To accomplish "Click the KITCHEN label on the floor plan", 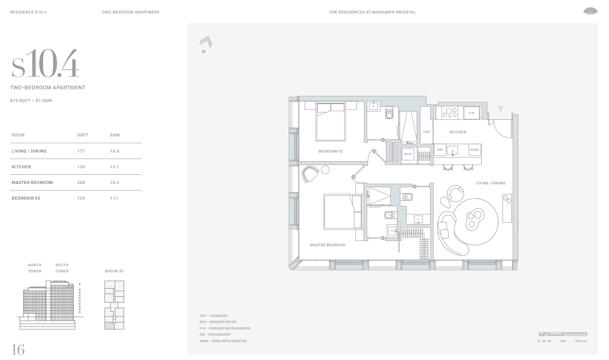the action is [x=457, y=132].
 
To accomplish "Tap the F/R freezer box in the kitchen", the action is [x=472, y=113].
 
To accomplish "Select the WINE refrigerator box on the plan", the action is [x=475, y=149].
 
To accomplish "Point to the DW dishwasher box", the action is [x=440, y=149].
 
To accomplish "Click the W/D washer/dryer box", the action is [x=408, y=154].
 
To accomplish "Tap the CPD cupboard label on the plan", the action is [x=426, y=132].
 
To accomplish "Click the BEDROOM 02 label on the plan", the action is [x=331, y=151].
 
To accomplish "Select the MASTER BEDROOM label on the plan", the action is [x=327, y=245].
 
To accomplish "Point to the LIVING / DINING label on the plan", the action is [x=491, y=183].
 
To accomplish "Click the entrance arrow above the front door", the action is [x=501, y=108].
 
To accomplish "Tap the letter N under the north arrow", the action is [x=203, y=52].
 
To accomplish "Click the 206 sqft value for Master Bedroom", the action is [x=81, y=183].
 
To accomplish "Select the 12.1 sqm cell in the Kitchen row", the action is [x=115, y=167].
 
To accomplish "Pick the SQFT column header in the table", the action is [x=83, y=135].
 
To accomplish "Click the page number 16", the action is [x=18, y=350].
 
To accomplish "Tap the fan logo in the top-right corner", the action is [x=590, y=11].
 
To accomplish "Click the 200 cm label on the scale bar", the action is [x=581, y=341].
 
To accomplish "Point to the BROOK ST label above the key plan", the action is [x=114, y=271].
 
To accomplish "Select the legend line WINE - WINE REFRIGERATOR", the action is [x=223, y=341].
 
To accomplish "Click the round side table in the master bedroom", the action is [x=325, y=170].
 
